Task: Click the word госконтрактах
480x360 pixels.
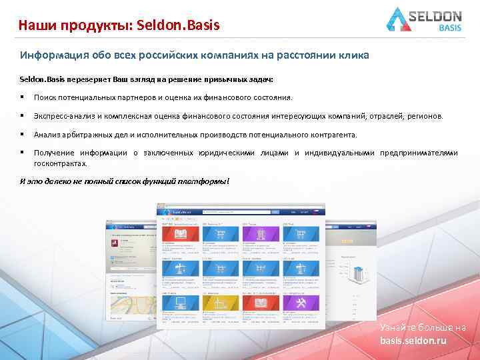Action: click(61, 163)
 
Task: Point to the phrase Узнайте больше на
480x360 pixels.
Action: click(423, 328)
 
